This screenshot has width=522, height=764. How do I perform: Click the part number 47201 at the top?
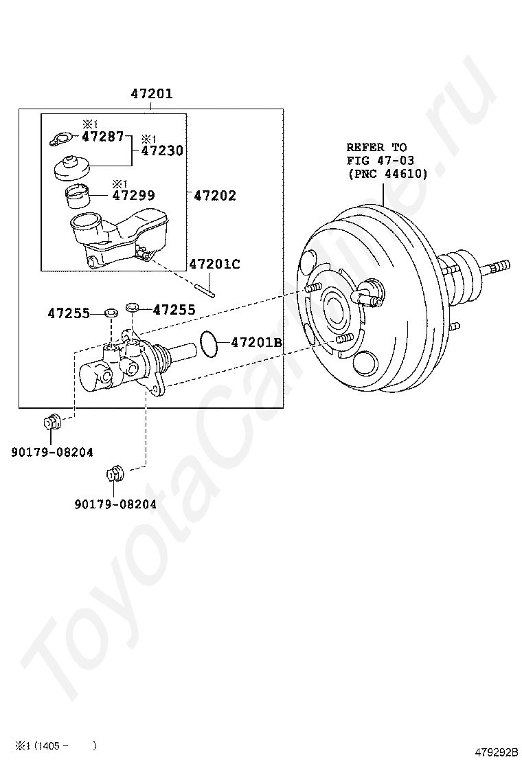pyautogui.click(x=152, y=93)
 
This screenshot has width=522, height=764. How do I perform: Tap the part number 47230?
pyautogui.click(x=162, y=150)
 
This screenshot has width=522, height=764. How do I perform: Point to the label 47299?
pyautogui.click(x=133, y=195)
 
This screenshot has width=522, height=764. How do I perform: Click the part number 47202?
pyautogui.click(x=214, y=196)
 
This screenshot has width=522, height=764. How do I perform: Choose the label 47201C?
pyautogui.click(x=214, y=264)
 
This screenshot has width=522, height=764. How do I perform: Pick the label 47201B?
pyautogui.click(x=256, y=341)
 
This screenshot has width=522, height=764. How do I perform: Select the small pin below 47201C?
pyautogui.click(x=205, y=288)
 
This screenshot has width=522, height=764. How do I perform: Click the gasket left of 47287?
pyautogui.click(x=61, y=139)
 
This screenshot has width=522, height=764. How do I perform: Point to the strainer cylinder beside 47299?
pyautogui.click(x=79, y=197)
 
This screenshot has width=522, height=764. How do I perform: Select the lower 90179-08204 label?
pyautogui.click(x=115, y=504)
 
